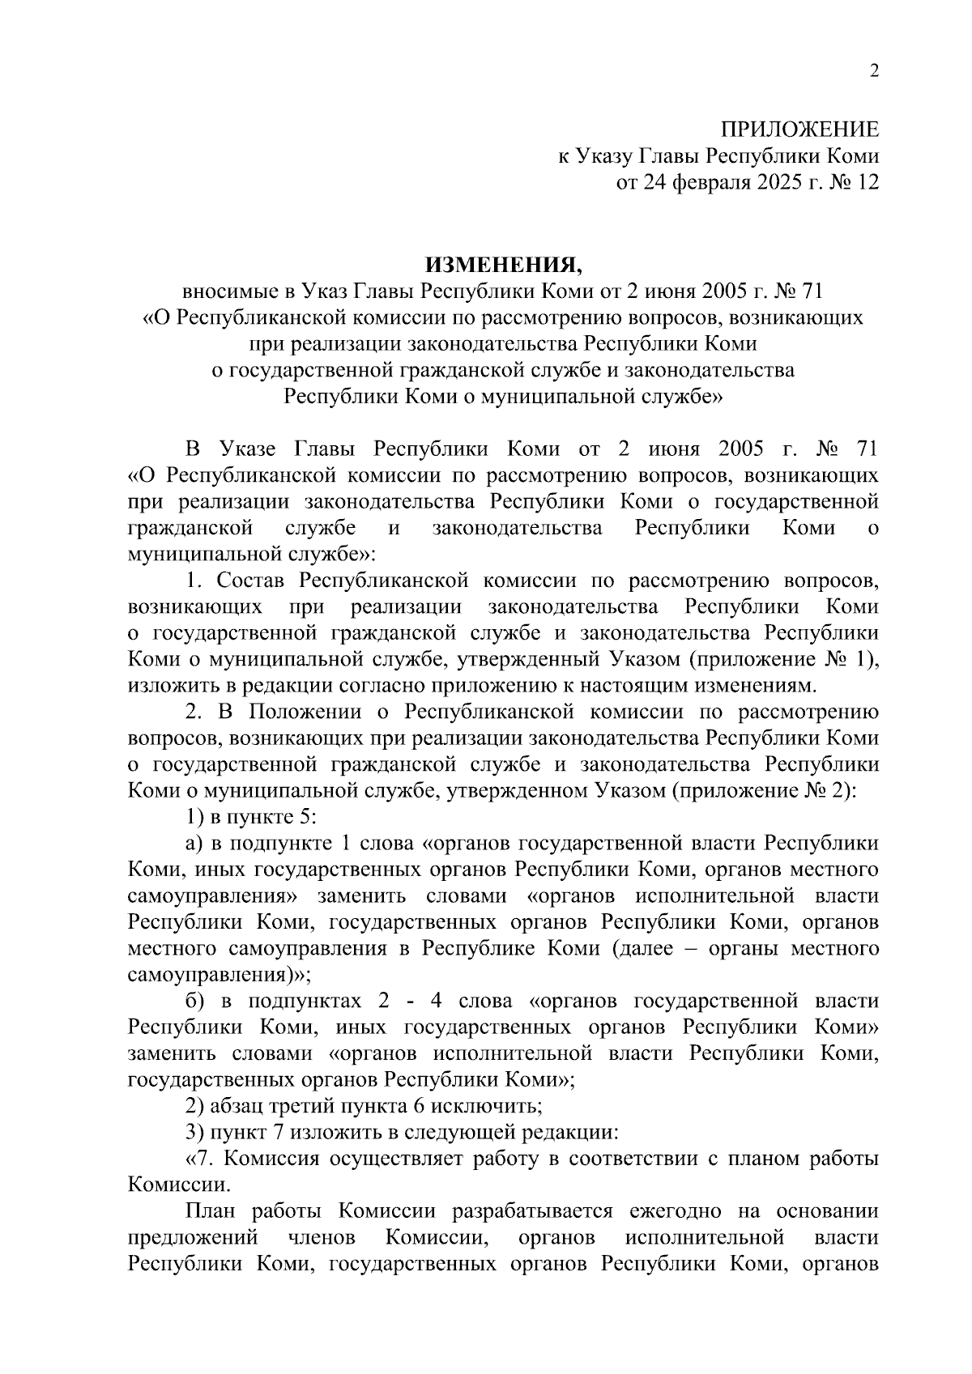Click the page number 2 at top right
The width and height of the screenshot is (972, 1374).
(x=873, y=71)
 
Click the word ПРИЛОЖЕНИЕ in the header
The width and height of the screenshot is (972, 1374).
(x=799, y=130)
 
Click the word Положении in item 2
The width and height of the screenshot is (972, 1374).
(x=301, y=712)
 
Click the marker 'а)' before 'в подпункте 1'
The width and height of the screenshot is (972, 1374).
(x=194, y=843)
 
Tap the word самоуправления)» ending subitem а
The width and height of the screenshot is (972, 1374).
(x=219, y=974)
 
